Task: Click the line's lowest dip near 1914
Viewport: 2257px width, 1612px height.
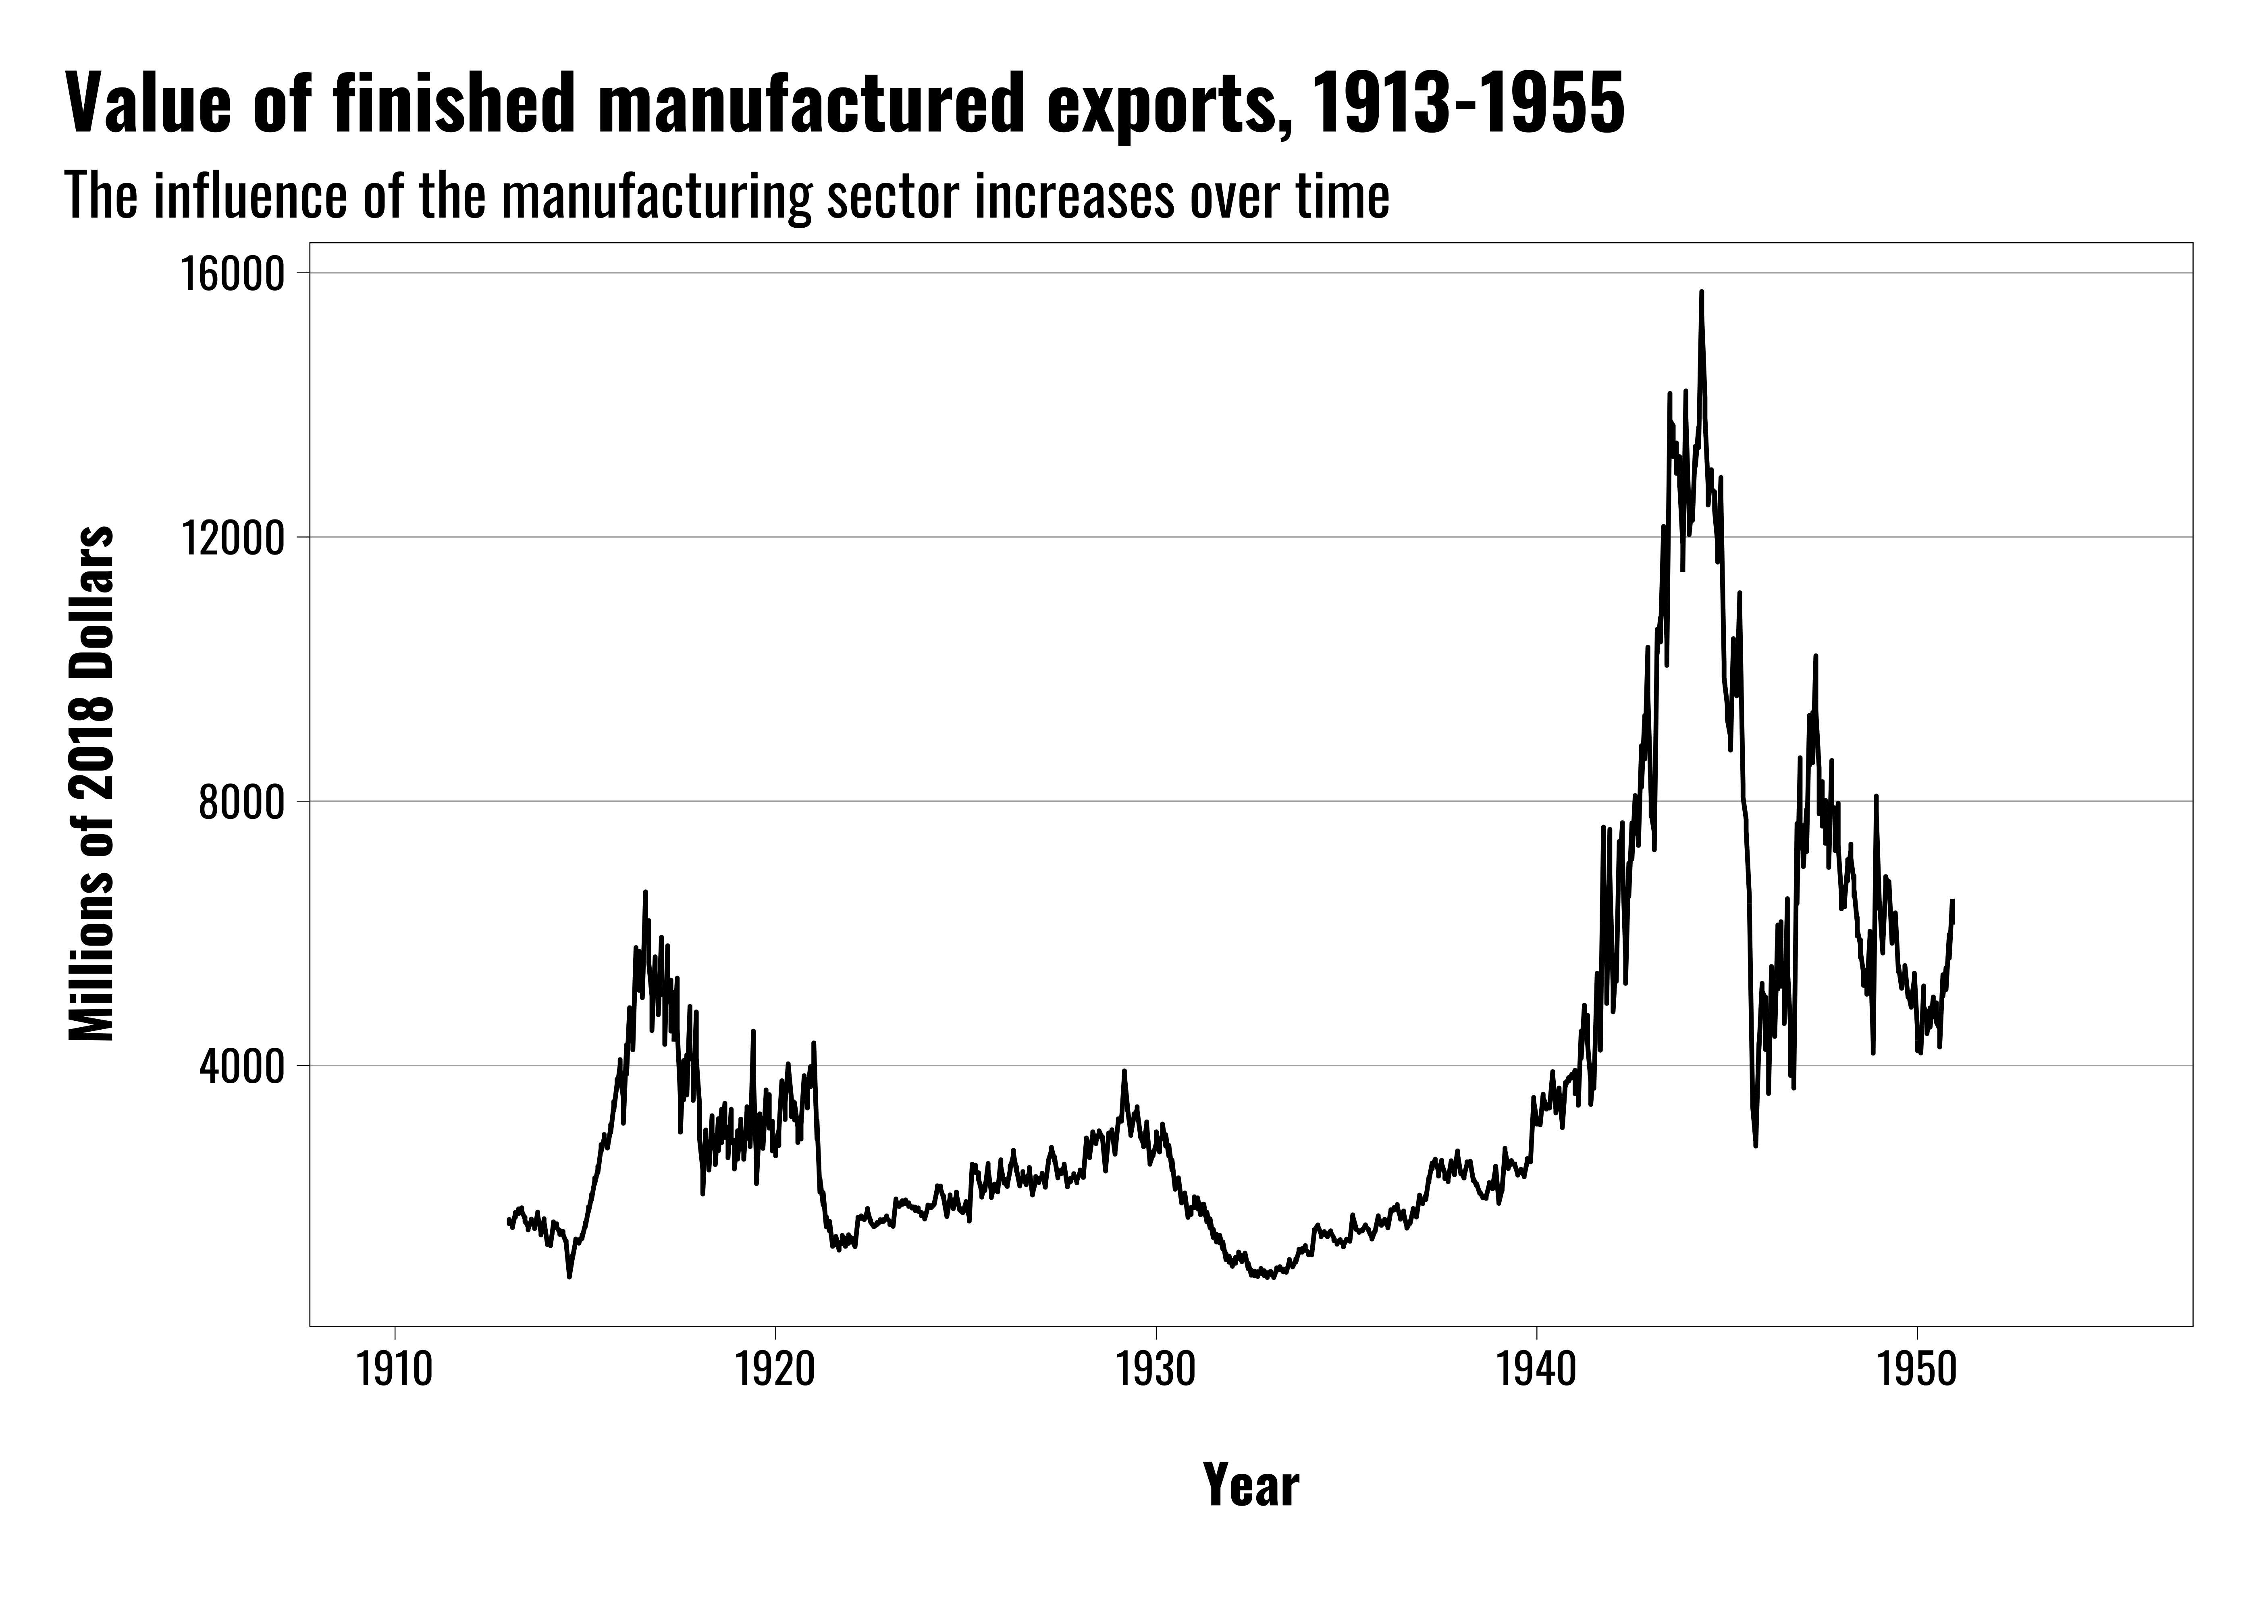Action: [x=569, y=1276]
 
